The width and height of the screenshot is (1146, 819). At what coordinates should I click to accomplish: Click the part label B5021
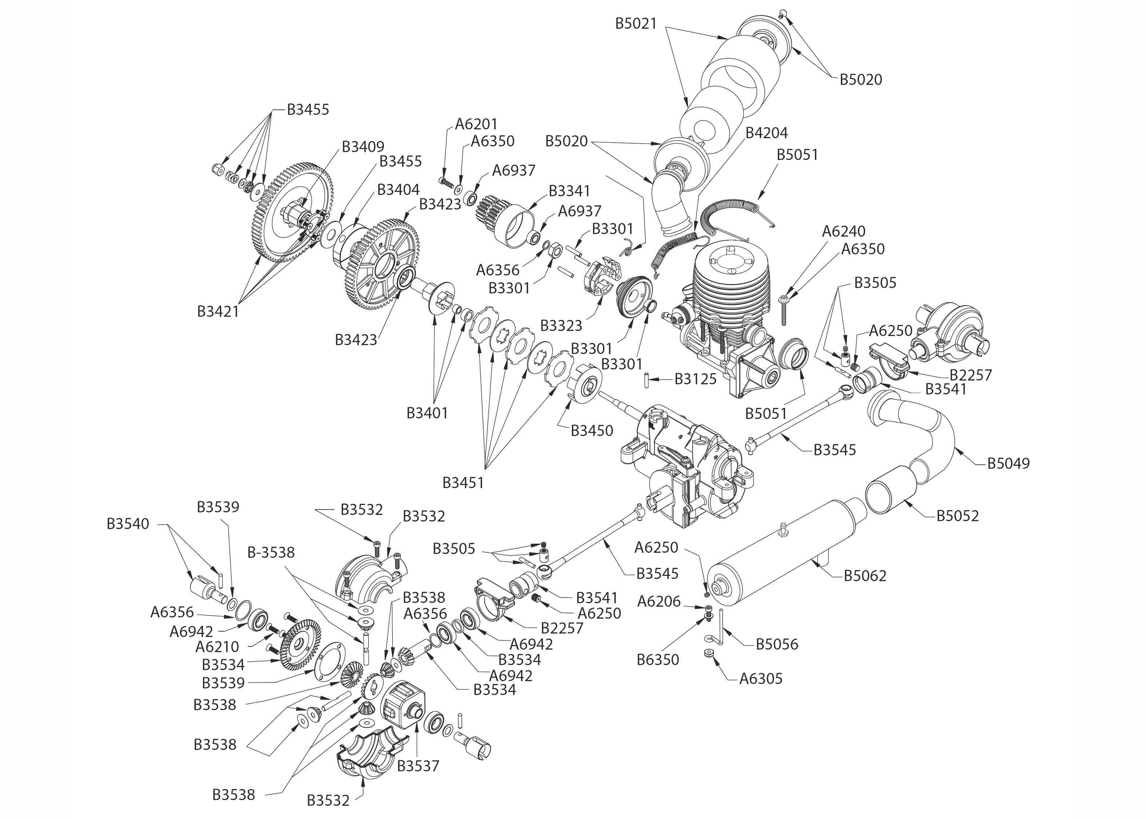pyautogui.click(x=636, y=24)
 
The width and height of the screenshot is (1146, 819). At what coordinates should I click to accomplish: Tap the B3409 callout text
pyautogui.click(x=363, y=147)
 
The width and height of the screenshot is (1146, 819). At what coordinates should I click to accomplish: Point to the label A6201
pyautogui.click(x=476, y=124)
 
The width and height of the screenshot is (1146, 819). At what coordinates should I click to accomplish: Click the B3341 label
pyautogui.click(x=569, y=191)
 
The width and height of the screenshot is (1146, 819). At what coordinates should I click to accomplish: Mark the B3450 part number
pyautogui.click(x=592, y=431)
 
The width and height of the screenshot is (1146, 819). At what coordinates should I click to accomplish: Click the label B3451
pyautogui.click(x=463, y=483)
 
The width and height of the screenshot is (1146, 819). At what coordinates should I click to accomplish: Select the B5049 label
pyautogui.click(x=1008, y=463)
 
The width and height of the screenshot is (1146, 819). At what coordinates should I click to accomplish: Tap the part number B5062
pyautogui.click(x=865, y=575)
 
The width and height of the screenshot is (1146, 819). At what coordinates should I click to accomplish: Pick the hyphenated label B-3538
pyautogui.click(x=271, y=552)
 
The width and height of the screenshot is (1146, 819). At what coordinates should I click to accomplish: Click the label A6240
pyautogui.click(x=844, y=232)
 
